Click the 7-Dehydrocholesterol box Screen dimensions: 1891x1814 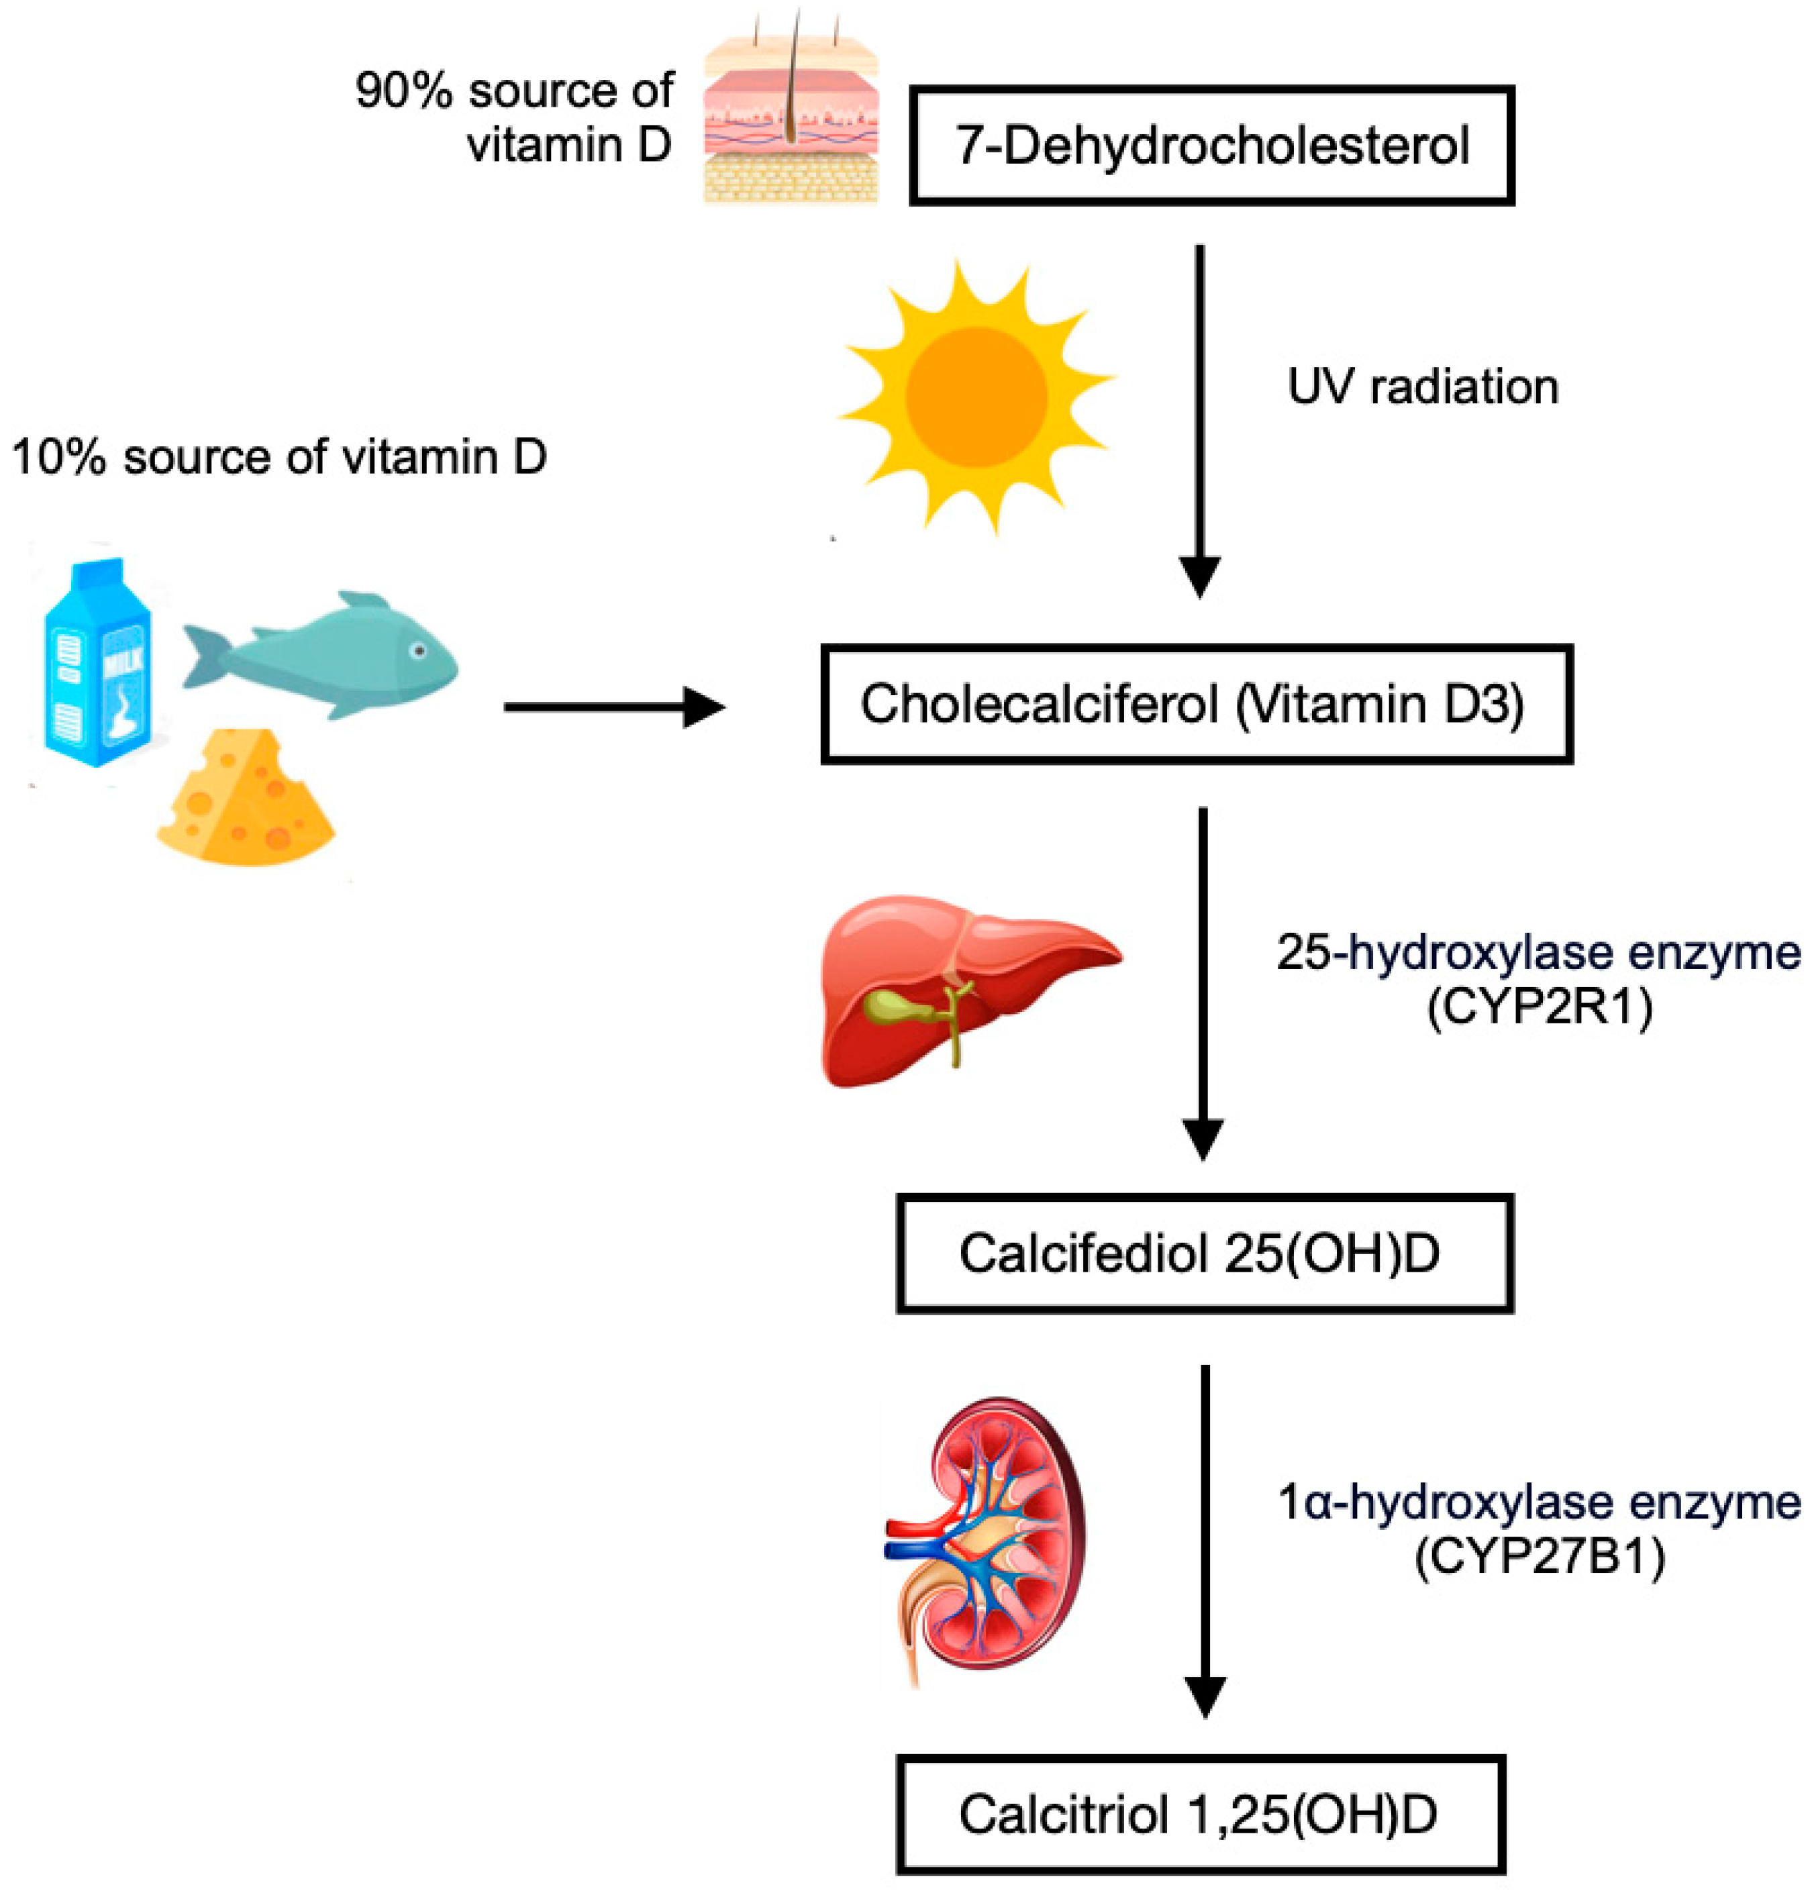[1211, 145]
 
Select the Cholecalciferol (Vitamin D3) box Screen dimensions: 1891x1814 [1197, 705]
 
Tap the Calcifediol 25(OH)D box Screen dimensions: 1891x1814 [1203, 1254]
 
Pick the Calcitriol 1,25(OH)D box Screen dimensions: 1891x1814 [1201, 1814]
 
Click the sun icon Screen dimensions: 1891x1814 [976, 395]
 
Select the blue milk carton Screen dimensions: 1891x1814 [97, 666]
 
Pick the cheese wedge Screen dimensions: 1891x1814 [246, 801]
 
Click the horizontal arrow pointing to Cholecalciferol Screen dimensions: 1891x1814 [613, 707]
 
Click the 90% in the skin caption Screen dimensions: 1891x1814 [403, 92]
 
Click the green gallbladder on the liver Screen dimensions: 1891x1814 [893, 1008]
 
